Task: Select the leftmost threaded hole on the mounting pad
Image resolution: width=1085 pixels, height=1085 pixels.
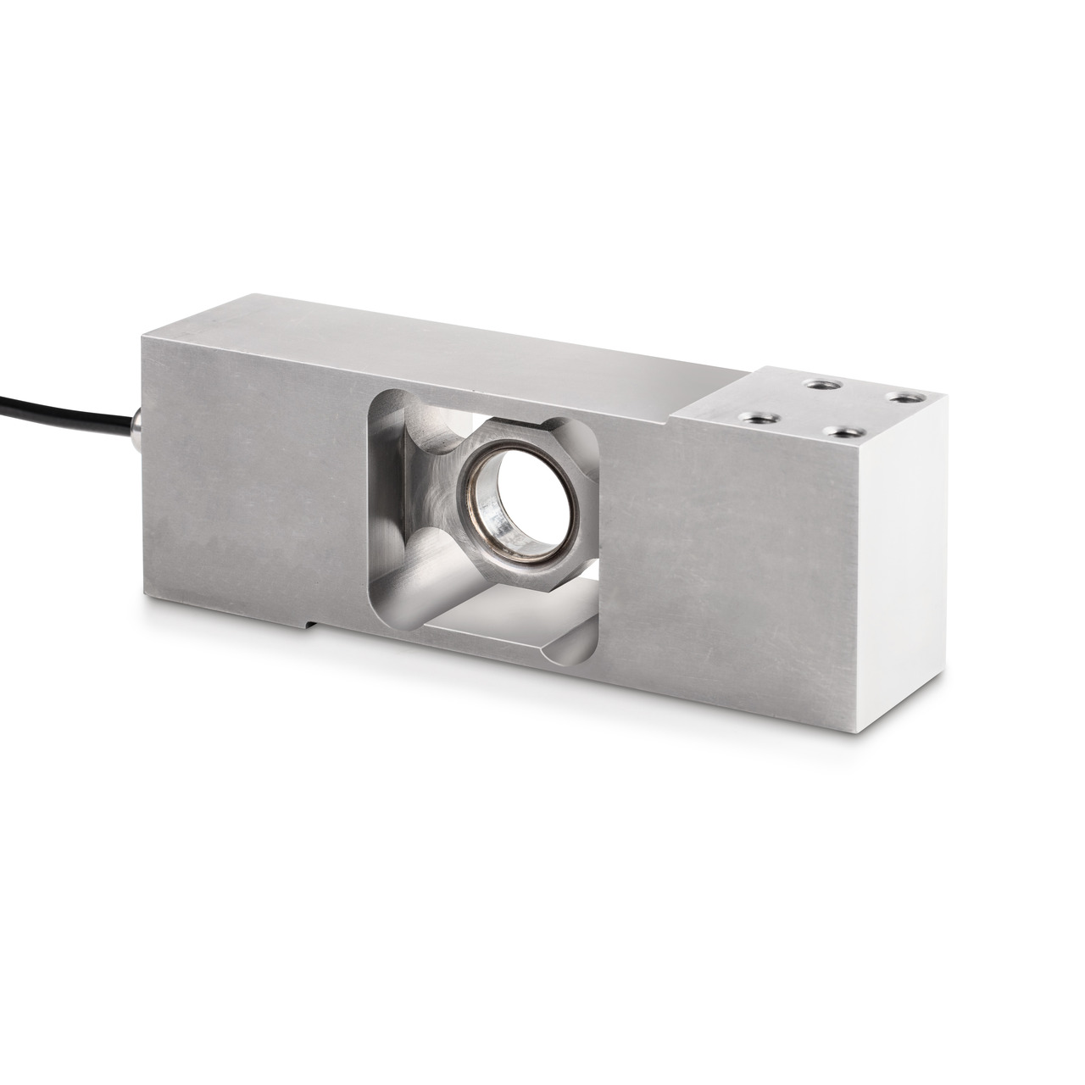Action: (x=749, y=415)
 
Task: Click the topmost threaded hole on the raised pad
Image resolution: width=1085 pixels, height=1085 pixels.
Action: (x=817, y=383)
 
